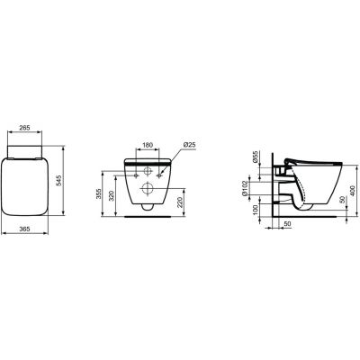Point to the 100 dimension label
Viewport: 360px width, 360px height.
point(255,210)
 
